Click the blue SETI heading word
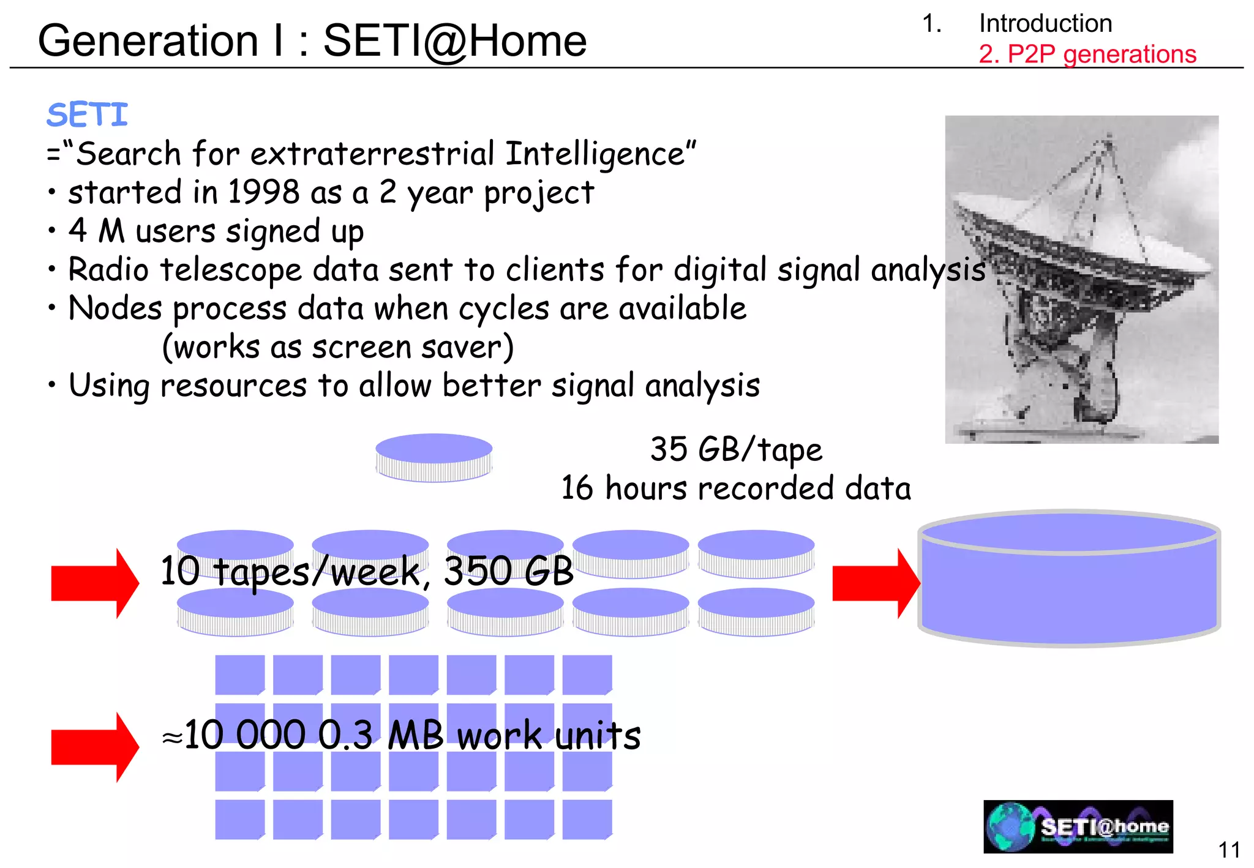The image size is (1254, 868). coord(87,115)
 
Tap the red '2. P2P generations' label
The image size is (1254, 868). coord(1087,54)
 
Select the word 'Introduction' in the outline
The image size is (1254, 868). coord(1045,24)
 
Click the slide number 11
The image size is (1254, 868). coord(1229,850)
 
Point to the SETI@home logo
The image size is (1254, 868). coord(1078,826)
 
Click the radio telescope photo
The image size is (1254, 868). coord(1081,279)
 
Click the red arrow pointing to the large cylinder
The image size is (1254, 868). coord(876,583)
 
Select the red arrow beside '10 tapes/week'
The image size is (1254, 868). coord(95,583)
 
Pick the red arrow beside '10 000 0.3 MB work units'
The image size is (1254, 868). coord(95,747)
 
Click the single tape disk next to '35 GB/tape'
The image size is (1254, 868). coord(434,457)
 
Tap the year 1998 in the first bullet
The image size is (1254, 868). coord(264,192)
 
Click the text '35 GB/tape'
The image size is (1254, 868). coord(736,450)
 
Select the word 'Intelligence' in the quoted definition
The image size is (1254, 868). coord(595,154)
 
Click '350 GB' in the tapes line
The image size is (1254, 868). coord(508,571)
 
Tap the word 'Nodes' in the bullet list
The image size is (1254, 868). coord(115,308)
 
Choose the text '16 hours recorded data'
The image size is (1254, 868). coord(736,488)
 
